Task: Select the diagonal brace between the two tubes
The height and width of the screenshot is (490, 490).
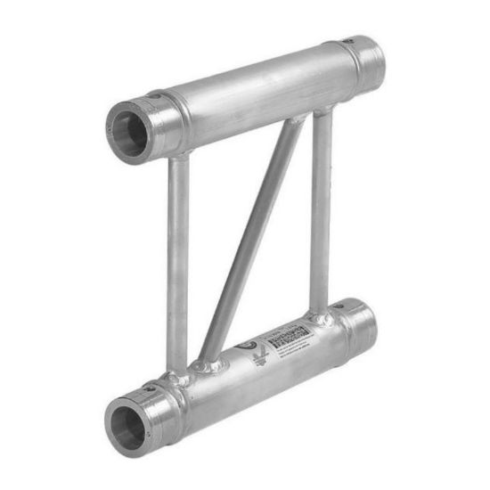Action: [x=249, y=241]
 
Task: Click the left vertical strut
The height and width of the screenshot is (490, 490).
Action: [x=178, y=258]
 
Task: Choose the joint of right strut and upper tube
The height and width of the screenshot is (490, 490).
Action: [x=323, y=111]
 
